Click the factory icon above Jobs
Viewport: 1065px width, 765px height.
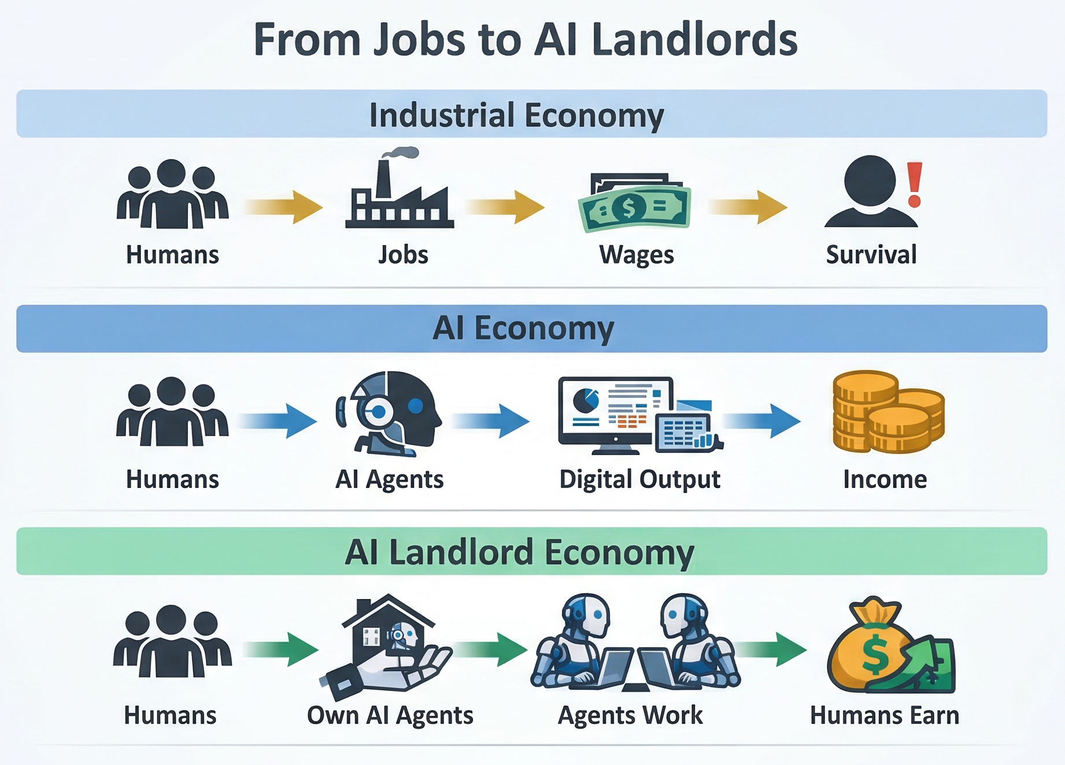tap(399, 199)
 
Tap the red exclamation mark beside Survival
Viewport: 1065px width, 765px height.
tap(914, 184)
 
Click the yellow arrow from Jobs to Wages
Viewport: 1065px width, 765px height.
tap(505, 206)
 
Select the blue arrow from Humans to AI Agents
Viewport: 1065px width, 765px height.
tap(279, 420)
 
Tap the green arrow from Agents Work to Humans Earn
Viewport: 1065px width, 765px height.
tap(772, 649)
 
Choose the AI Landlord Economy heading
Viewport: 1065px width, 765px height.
tap(519, 552)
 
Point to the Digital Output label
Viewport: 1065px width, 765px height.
tap(639, 479)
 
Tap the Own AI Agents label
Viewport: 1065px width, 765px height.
tap(390, 715)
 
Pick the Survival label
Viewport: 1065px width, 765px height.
tap(871, 254)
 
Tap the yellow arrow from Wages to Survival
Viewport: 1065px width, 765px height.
tap(748, 206)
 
